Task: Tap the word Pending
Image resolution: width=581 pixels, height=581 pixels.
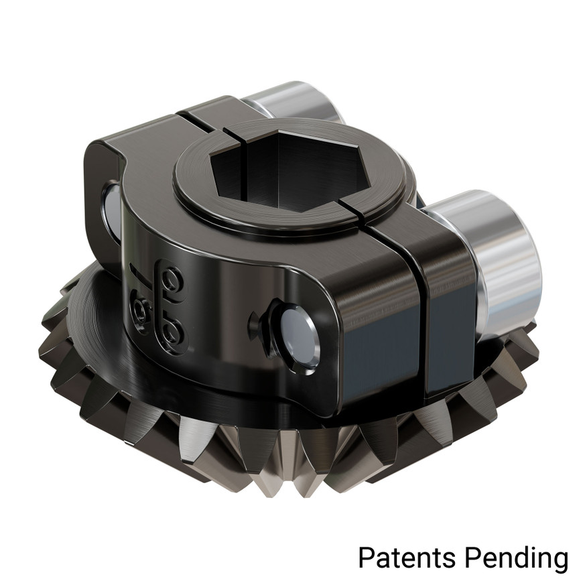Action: point(514,557)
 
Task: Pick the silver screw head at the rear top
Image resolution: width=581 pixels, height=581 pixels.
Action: point(288,101)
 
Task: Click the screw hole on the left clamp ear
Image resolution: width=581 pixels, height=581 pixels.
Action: point(111,208)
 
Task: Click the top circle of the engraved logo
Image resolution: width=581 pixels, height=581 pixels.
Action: point(174,276)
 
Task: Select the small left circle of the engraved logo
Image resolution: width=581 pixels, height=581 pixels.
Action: point(141,309)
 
